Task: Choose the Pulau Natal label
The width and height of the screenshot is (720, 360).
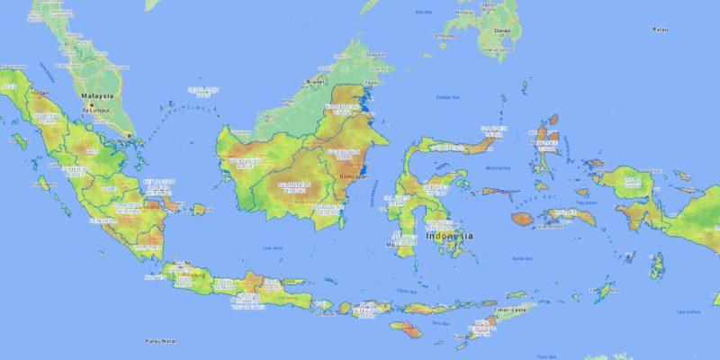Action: (160, 341)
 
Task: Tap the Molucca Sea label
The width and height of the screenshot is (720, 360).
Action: (492, 166)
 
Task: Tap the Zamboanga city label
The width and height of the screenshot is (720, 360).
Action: (443, 36)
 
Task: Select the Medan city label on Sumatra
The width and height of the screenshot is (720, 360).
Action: (40, 93)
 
